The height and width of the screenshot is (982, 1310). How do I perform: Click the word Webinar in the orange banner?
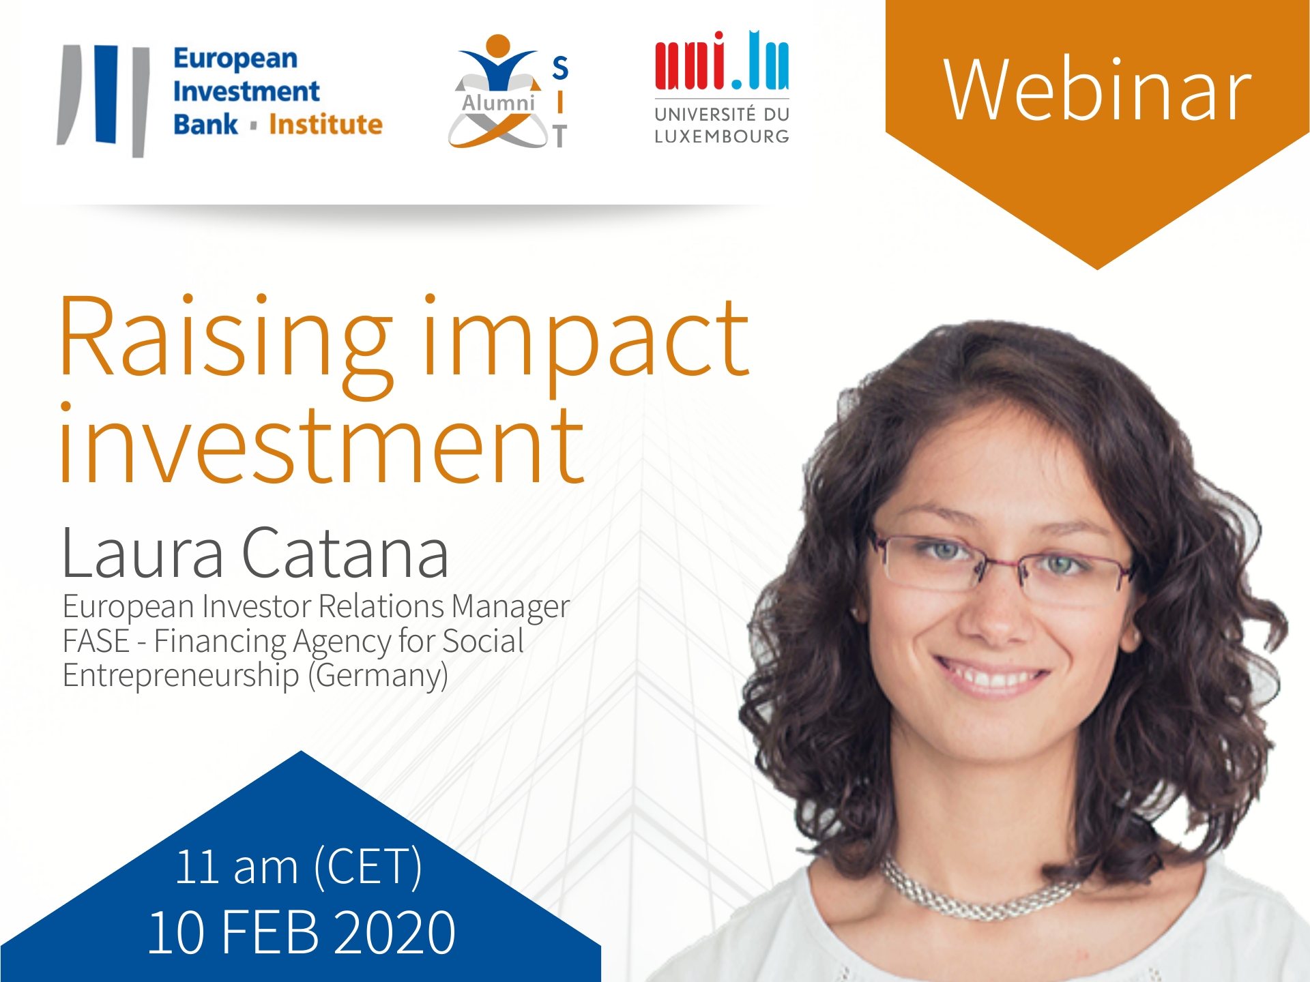coord(1097,90)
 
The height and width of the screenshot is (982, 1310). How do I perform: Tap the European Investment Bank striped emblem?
coord(104,100)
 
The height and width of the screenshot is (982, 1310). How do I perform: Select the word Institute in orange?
coord(325,125)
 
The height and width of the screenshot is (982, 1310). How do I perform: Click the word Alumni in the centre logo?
coord(498,103)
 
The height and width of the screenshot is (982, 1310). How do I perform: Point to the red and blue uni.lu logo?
coord(722,61)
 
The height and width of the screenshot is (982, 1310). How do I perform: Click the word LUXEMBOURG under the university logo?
coord(722,136)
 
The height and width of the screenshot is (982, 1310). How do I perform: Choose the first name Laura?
coord(142,552)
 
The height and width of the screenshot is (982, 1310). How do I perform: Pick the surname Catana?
coord(345,552)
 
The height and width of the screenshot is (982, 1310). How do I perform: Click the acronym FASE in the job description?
coord(96,641)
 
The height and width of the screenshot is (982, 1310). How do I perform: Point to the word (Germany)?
coord(378,676)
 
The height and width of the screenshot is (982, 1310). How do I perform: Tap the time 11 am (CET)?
coord(299,867)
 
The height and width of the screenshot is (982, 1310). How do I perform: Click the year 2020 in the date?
coord(395,932)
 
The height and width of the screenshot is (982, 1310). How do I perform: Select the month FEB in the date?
coord(270,932)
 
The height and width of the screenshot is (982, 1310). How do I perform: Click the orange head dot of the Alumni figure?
coord(498,46)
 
